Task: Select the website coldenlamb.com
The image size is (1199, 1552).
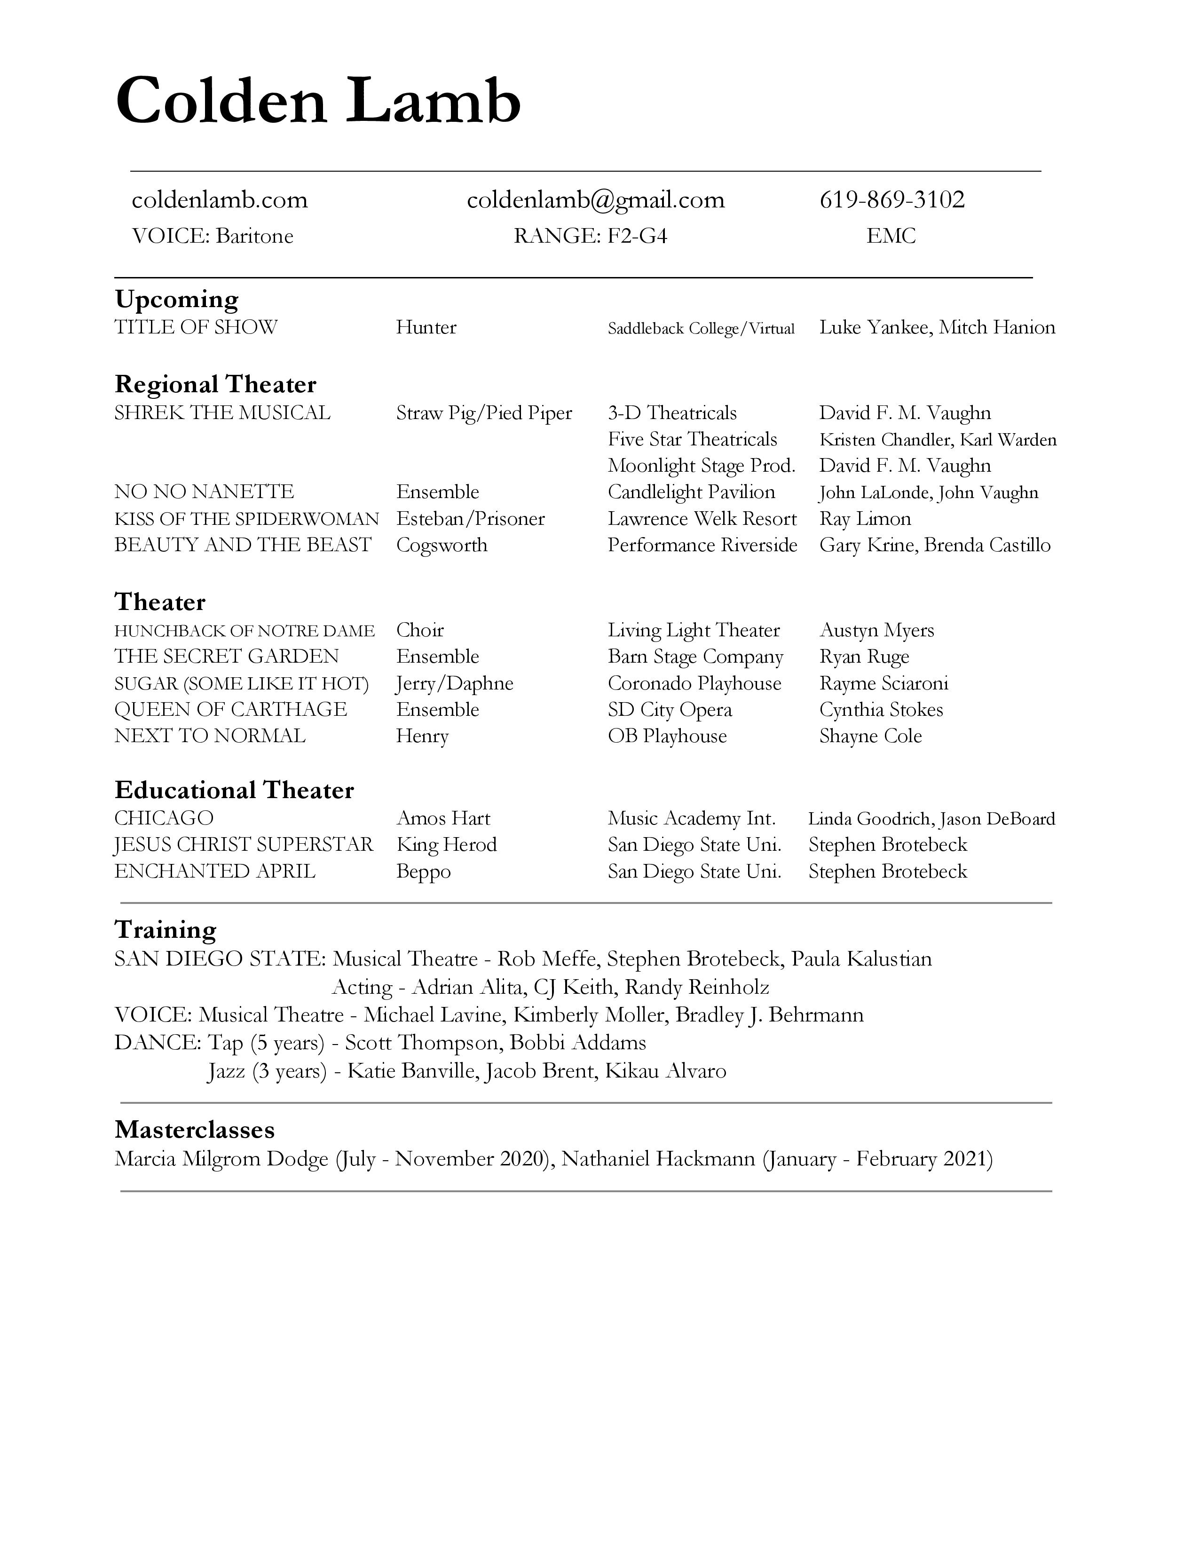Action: click(220, 200)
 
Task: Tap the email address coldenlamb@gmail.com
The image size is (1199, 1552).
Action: click(595, 200)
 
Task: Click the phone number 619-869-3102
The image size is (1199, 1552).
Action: click(891, 200)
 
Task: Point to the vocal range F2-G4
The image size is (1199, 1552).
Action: click(637, 236)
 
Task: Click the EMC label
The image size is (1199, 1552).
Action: click(891, 236)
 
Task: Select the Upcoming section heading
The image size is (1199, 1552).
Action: click(176, 299)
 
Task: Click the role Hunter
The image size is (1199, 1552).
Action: click(426, 328)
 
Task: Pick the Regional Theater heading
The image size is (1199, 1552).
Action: click(215, 384)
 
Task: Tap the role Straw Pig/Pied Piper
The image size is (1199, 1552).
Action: click(484, 413)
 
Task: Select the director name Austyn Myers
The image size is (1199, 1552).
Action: click(876, 630)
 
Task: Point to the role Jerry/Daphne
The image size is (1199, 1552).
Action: click(454, 684)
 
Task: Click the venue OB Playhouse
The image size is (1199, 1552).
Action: click(667, 736)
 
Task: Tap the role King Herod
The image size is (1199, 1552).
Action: click(446, 845)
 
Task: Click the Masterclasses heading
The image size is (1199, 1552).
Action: click(195, 1130)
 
